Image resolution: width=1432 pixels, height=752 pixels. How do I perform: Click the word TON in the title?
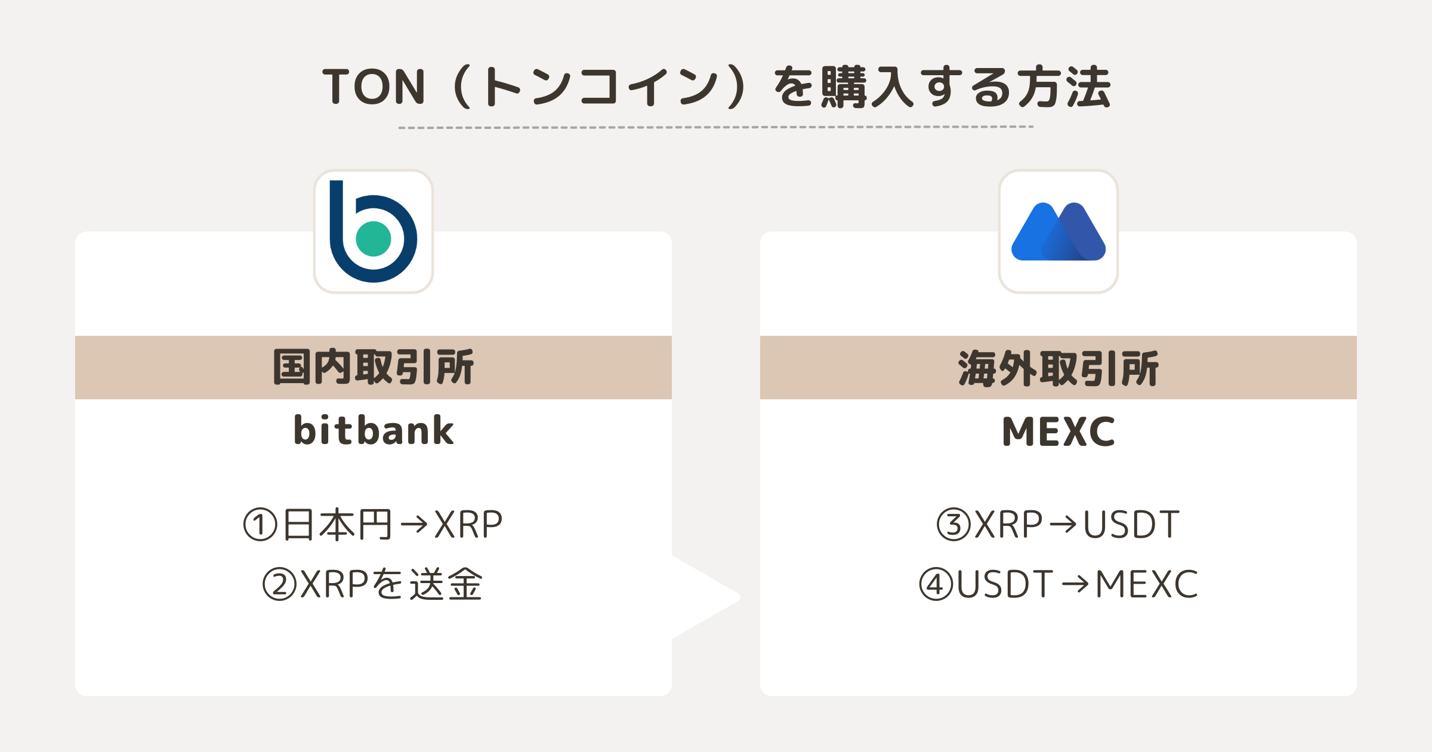374,87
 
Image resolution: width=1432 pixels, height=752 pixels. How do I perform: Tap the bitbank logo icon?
374,232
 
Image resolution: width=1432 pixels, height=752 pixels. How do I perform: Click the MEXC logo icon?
1058,232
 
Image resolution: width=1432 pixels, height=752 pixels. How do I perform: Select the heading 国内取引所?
374,368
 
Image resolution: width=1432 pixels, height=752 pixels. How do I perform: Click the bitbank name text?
374,431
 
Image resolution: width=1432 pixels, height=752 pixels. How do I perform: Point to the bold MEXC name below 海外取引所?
1058,432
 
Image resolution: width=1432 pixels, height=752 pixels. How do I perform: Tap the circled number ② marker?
280,584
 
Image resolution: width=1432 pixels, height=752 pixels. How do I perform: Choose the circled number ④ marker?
936,584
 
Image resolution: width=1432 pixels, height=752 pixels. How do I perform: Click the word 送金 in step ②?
446,584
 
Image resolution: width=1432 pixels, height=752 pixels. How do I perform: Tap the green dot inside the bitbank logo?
374,239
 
